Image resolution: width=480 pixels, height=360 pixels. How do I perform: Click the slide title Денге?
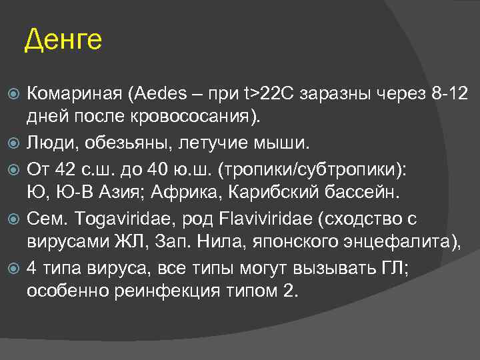tap(63, 41)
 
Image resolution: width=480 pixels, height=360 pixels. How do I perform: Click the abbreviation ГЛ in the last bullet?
tap(415, 268)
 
